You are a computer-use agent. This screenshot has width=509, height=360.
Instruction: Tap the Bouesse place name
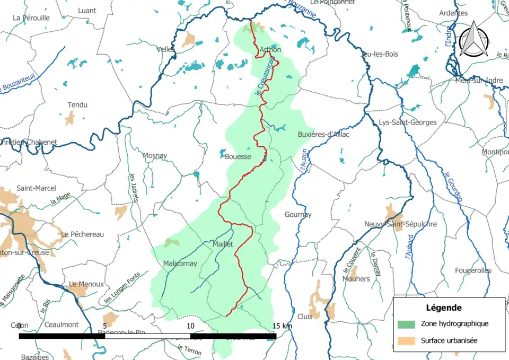pos(238,156)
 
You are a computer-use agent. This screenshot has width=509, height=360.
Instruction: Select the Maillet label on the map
pos(223,244)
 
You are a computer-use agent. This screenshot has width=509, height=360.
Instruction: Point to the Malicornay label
pos(180,264)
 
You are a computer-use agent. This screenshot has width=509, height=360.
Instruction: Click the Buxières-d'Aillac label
pos(323,134)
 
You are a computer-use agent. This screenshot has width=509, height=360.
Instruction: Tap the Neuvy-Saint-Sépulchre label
pos(400,224)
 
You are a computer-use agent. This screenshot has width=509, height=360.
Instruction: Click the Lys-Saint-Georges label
pos(408,122)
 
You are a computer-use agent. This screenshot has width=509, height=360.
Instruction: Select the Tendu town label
pos(77,105)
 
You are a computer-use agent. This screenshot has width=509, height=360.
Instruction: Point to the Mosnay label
pos(155,156)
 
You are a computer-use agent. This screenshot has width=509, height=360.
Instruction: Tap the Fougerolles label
pos(472,270)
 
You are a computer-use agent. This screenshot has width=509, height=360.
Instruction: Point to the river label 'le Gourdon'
pos(454,186)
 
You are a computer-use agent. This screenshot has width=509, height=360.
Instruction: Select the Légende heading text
pos(443,308)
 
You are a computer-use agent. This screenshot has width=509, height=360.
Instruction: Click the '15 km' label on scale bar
pos(282,326)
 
